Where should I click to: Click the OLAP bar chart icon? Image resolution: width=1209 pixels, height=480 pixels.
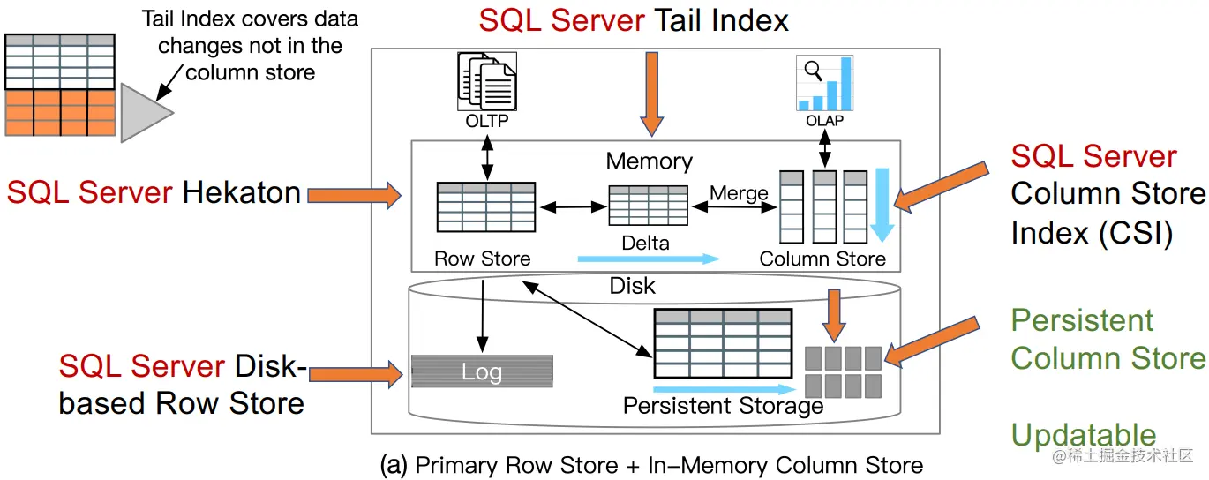825,84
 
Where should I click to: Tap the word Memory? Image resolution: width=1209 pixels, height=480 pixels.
649,161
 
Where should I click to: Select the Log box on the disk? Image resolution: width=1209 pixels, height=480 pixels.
482,371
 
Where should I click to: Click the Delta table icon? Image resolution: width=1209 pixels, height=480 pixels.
649,206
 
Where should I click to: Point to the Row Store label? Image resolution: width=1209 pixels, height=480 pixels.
483,259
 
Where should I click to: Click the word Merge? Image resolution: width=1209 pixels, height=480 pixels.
739,193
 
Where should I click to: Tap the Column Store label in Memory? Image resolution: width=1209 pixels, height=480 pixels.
822,259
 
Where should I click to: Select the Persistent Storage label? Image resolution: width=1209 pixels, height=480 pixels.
723,406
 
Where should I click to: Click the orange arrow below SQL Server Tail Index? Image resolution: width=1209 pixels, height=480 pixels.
651,94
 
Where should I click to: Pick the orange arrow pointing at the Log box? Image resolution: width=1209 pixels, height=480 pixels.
353,372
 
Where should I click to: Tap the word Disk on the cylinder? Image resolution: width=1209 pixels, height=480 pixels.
632,286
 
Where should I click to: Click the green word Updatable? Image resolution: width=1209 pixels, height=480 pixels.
1083,436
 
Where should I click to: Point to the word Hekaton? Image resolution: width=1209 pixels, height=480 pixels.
241,192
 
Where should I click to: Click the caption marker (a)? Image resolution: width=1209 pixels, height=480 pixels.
394,465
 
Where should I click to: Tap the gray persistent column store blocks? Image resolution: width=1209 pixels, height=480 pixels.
843,371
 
